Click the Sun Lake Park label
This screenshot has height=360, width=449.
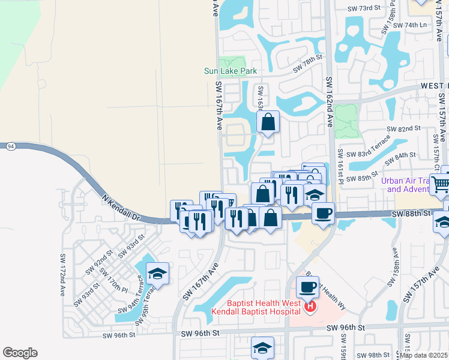[231, 71]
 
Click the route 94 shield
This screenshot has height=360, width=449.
[11, 146]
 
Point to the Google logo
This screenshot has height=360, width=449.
[20, 353]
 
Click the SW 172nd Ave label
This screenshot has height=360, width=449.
[62, 275]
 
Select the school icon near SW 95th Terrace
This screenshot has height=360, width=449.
[157, 274]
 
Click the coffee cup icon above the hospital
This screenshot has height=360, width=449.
[307, 286]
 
